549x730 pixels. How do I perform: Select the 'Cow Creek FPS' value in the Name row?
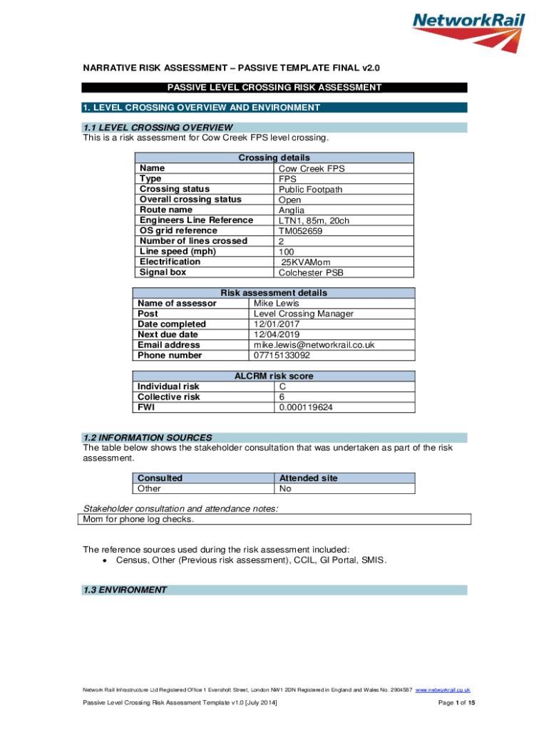click(x=311, y=168)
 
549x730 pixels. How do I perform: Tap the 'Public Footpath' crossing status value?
click(x=310, y=189)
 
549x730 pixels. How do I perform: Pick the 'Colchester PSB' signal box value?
click(x=311, y=272)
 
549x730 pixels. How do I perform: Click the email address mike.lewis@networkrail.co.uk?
click(x=314, y=345)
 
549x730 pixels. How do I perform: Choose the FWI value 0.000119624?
click(x=306, y=408)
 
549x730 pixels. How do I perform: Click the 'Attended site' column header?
click(x=308, y=478)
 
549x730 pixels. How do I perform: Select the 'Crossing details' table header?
click(x=274, y=158)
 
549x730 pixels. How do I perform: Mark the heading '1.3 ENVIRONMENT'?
click(x=125, y=590)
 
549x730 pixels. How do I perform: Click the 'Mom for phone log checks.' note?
click(x=138, y=520)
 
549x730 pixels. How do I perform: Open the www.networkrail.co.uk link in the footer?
click(x=443, y=690)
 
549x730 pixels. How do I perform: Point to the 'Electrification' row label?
click(x=170, y=262)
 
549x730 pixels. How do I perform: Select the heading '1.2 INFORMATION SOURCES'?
click(x=148, y=437)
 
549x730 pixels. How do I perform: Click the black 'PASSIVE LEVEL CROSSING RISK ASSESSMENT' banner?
click(x=274, y=88)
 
